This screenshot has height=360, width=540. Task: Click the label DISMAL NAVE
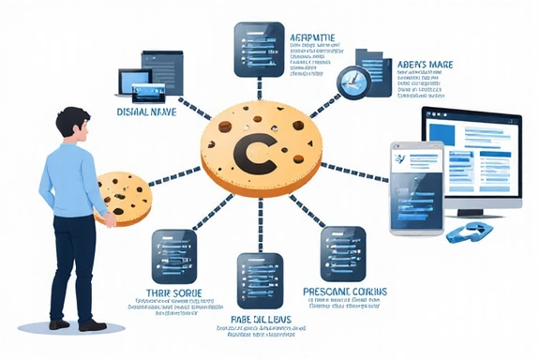coord(149,112)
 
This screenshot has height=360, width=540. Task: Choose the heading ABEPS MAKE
coord(426,65)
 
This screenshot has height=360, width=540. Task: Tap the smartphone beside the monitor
coord(416,184)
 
